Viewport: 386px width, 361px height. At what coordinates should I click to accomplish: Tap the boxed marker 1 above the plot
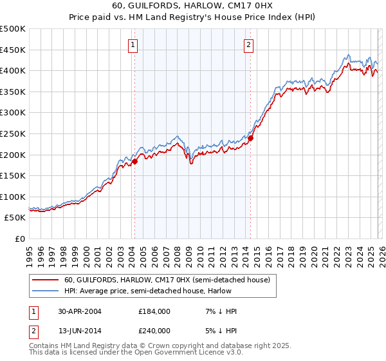pos(133,44)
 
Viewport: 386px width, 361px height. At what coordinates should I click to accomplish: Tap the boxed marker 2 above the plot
pos(248,44)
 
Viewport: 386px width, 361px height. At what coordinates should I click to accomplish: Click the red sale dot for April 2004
pos(134,162)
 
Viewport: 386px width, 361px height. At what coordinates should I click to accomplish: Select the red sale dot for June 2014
pos(251,138)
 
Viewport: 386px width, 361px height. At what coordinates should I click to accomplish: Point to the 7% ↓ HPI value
pos(221,311)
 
